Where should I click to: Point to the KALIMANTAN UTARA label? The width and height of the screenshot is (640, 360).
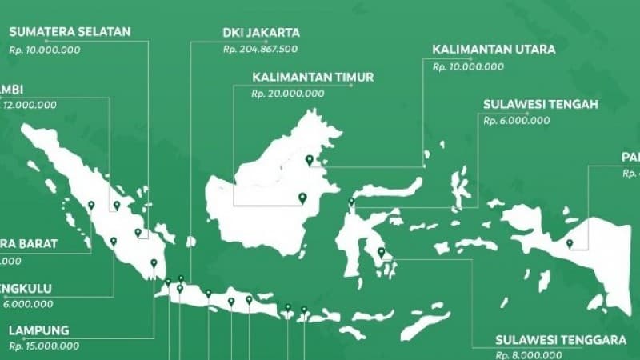494,50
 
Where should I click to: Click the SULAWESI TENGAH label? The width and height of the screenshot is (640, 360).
541,105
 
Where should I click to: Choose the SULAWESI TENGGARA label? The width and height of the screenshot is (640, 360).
560,339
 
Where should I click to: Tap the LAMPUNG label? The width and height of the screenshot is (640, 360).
39,330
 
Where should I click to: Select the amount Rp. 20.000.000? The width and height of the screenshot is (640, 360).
288,94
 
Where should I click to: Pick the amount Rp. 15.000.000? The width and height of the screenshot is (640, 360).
44,346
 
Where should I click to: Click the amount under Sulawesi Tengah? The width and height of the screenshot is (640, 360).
517,120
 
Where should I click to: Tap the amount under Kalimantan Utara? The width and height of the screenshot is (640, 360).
468,66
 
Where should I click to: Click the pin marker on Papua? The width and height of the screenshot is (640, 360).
570,243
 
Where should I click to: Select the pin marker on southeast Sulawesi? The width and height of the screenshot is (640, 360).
381,253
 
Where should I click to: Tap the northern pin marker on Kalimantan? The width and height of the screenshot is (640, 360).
310,159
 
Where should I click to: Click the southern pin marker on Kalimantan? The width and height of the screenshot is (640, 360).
302,198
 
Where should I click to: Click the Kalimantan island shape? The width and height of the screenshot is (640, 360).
264,192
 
